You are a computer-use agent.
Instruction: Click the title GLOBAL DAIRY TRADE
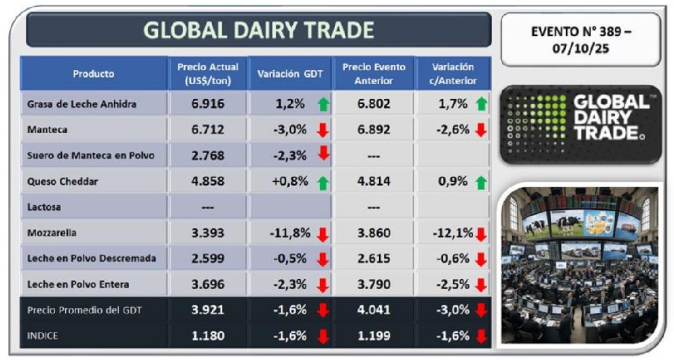pyautogui.click(x=259, y=31)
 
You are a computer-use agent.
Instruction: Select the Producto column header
pyautogui.click(x=94, y=73)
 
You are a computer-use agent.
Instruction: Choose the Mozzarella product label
pyautogui.click(x=52, y=232)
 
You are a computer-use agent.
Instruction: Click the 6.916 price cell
pyautogui.click(x=208, y=103)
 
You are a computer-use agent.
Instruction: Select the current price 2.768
pyautogui.click(x=208, y=155)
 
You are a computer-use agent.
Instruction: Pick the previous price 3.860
pyautogui.click(x=374, y=233)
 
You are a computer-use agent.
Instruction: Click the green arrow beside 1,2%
pyautogui.click(x=323, y=104)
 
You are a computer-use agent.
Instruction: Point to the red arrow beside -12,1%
pyautogui.click(x=482, y=234)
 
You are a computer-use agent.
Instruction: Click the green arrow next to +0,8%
pyautogui.click(x=323, y=182)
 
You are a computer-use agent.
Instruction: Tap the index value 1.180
pyautogui.click(x=208, y=336)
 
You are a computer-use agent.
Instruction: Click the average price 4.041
pyautogui.click(x=374, y=310)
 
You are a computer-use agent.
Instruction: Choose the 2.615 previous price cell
pyautogui.click(x=374, y=259)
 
